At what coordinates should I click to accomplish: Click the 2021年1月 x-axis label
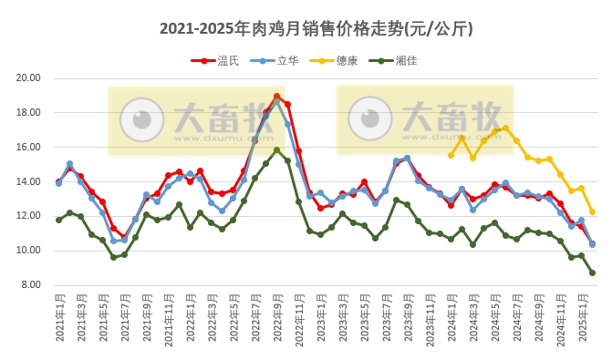[x=59, y=319]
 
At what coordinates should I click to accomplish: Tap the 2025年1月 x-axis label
[x=581, y=319]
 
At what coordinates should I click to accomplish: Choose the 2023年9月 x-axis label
[x=407, y=319]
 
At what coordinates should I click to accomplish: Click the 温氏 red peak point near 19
[x=276, y=96]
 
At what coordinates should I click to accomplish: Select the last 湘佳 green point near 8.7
[x=592, y=273]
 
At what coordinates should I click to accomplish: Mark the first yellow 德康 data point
[x=451, y=155]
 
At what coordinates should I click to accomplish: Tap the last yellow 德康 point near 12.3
[x=592, y=211]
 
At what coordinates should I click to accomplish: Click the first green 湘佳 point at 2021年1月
[x=59, y=220]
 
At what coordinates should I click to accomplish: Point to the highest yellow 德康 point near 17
[x=505, y=129]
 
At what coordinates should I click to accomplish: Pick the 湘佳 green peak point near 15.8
[x=276, y=150]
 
